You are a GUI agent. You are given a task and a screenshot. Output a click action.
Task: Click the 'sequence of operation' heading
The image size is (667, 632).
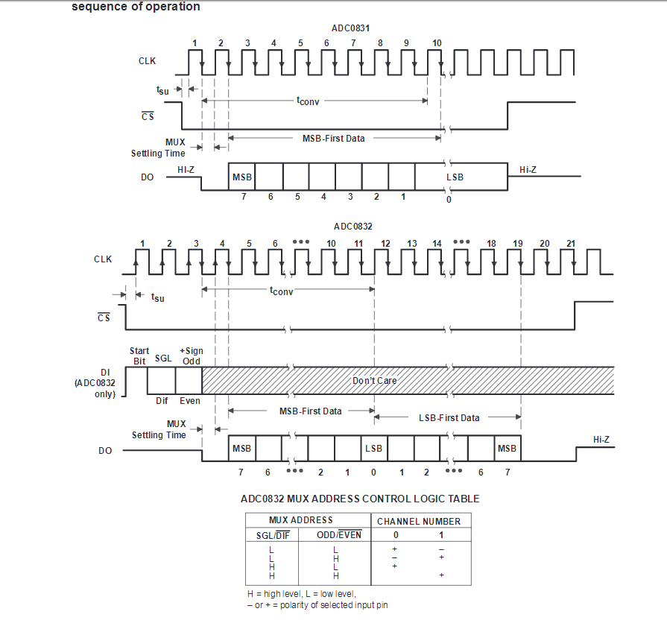click(136, 7)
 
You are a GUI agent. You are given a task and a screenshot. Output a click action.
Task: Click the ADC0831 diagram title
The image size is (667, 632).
click(351, 28)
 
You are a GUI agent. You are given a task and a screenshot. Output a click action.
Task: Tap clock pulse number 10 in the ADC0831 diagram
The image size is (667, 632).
click(437, 43)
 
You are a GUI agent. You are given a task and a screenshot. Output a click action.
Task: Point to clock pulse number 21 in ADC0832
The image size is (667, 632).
click(571, 244)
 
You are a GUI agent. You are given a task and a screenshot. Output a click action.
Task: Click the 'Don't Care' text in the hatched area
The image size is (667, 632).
click(374, 381)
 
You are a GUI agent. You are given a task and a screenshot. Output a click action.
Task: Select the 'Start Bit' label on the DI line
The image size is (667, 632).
click(139, 355)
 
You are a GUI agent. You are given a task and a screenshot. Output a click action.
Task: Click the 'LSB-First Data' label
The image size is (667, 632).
click(449, 418)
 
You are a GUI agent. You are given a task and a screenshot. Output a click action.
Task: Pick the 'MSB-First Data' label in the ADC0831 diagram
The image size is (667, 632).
click(333, 139)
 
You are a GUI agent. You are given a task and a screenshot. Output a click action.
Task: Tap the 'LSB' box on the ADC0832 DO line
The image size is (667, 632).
click(373, 449)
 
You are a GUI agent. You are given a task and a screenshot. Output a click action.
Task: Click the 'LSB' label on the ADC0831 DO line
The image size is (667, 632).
click(455, 177)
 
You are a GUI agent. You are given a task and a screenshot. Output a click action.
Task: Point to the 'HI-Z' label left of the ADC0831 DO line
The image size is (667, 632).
click(186, 171)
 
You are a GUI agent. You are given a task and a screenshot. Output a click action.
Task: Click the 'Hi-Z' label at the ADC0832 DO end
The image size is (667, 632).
click(601, 440)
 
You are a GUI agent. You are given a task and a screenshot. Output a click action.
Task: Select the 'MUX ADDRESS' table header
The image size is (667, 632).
click(301, 520)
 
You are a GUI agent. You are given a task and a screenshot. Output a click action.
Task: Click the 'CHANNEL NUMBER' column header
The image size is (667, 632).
click(419, 521)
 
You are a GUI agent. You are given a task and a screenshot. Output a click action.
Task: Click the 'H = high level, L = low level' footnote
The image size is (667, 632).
click(302, 594)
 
